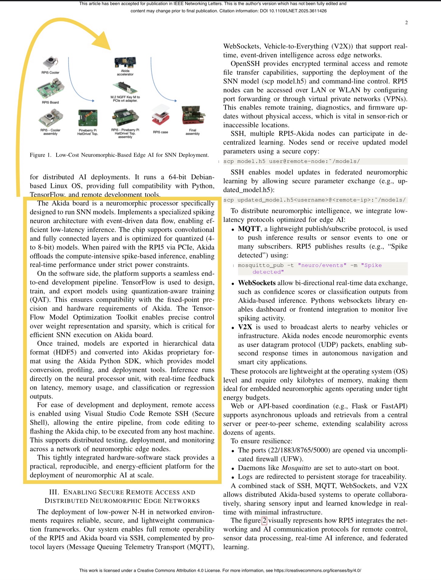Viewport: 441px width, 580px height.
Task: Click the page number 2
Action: click(x=406, y=23)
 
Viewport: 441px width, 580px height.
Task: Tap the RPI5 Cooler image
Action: click(x=50, y=63)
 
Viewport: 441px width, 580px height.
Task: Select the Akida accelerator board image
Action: click(x=125, y=63)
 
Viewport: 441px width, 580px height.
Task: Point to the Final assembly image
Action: click(x=193, y=116)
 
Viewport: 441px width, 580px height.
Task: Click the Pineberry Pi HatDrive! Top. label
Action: click(x=88, y=132)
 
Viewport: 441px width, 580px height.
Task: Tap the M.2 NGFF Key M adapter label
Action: click(x=125, y=99)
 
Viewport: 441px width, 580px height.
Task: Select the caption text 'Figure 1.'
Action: click(x=40, y=155)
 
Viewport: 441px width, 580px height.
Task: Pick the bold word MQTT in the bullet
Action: click(x=249, y=229)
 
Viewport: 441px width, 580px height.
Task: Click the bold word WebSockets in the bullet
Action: click(x=257, y=283)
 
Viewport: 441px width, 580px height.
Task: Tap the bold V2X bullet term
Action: click(x=245, y=327)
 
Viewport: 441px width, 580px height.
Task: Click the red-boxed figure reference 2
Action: click(x=264, y=521)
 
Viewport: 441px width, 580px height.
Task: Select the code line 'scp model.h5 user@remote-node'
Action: click(x=291, y=161)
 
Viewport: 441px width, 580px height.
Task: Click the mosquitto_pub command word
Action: click(x=261, y=266)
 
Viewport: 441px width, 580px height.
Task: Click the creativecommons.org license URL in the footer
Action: click(x=317, y=571)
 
